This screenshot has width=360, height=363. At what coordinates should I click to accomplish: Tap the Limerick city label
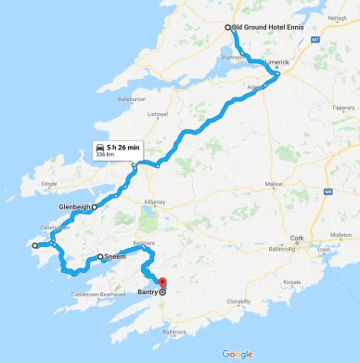(x=278, y=62)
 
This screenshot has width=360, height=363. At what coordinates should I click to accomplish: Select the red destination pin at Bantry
(x=161, y=283)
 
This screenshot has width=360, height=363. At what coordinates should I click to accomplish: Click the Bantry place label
(x=148, y=292)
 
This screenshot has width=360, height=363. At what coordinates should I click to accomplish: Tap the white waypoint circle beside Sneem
(x=100, y=256)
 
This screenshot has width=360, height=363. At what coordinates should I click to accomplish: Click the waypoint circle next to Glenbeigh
(x=95, y=207)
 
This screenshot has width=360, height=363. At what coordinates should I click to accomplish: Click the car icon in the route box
(x=99, y=148)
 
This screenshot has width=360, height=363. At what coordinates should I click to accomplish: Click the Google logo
(x=238, y=354)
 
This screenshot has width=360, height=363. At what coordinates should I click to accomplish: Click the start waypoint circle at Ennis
(x=226, y=28)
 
